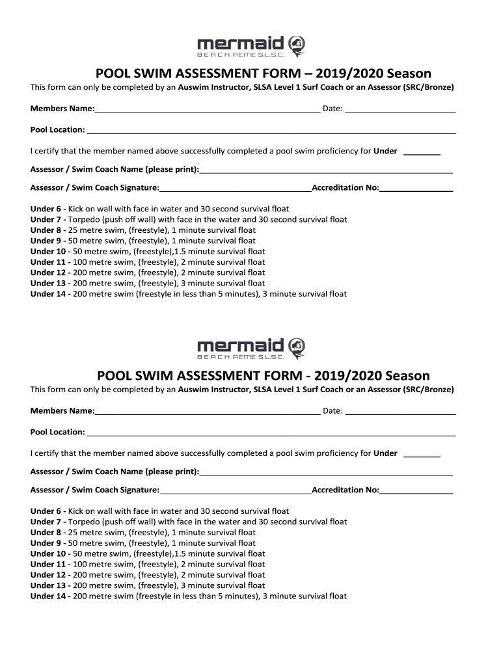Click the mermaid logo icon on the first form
296,45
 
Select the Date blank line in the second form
399,412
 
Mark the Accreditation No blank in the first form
416,189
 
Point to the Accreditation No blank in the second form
416,492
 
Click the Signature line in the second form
236,492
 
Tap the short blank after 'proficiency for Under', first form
422,153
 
